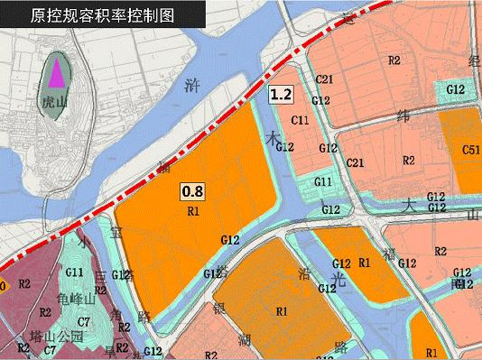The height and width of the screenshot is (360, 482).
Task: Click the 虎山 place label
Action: coord(56,103)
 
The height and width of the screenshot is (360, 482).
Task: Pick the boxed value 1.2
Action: coord(280,93)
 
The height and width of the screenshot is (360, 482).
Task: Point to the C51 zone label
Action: coord(470,150)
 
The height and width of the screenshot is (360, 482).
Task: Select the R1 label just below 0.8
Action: coord(192,211)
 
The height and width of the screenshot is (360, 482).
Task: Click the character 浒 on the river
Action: coord(190,88)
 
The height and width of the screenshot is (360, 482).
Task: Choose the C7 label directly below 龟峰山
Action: coord(84,321)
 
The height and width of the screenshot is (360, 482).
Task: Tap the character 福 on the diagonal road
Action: coord(392,254)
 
